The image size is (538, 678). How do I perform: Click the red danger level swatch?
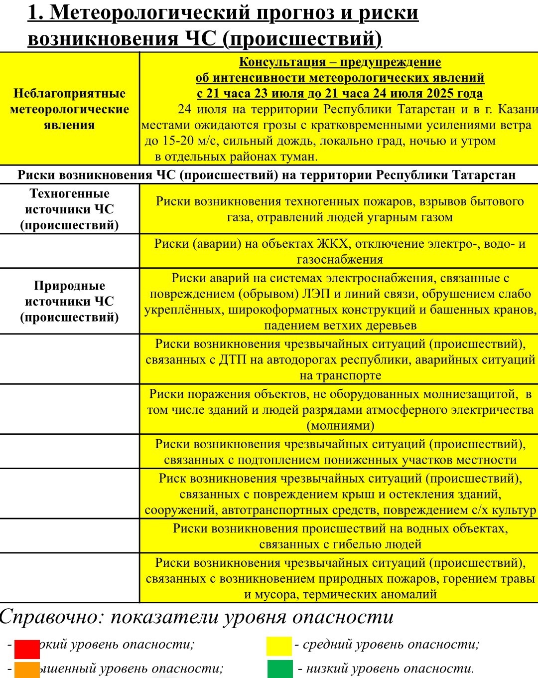[27, 649]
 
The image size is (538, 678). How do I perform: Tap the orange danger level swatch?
[27, 670]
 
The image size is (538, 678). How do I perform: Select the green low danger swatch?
[280, 669]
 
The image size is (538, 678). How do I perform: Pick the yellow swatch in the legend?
[279, 646]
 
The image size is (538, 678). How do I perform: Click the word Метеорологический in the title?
[150, 12]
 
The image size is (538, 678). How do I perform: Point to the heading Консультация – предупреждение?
[340, 62]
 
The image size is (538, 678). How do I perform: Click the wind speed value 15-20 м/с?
[187, 141]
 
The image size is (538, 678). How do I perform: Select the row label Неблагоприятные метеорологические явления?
[69, 109]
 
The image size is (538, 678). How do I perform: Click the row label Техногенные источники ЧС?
[69, 209]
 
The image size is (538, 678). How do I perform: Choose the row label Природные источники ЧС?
[69, 301]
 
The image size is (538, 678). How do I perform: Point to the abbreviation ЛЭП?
[316, 294]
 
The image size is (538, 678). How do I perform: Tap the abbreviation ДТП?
[233, 359]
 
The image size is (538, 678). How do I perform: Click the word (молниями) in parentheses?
[340, 425]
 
